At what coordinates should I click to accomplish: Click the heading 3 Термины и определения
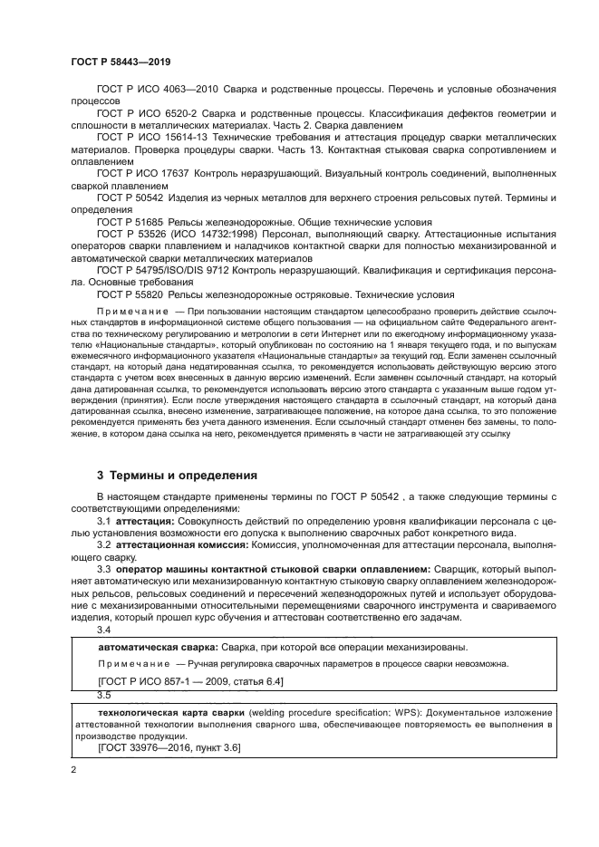177,475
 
